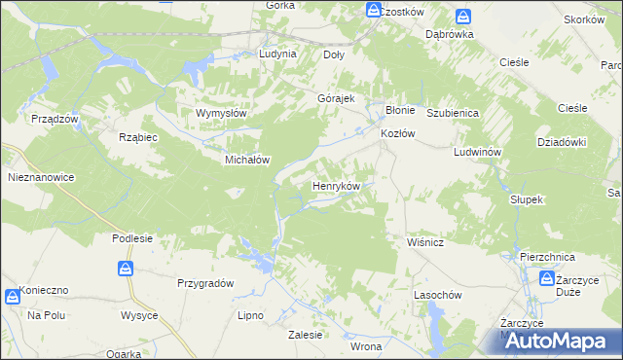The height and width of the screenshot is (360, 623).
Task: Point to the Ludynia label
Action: (x=277, y=54)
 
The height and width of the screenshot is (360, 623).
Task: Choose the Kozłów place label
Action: (x=398, y=133)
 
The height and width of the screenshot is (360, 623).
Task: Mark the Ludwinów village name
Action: (x=476, y=153)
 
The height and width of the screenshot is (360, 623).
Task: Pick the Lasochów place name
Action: (x=436, y=294)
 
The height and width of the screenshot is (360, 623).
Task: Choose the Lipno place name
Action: (x=251, y=316)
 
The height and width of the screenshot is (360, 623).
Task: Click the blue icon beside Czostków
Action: (x=374, y=11)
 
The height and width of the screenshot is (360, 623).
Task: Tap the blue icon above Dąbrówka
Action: (x=464, y=17)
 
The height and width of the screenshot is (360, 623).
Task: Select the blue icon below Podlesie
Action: (x=126, y=269)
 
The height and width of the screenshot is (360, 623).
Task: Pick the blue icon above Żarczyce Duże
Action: (x=548, y=279)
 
